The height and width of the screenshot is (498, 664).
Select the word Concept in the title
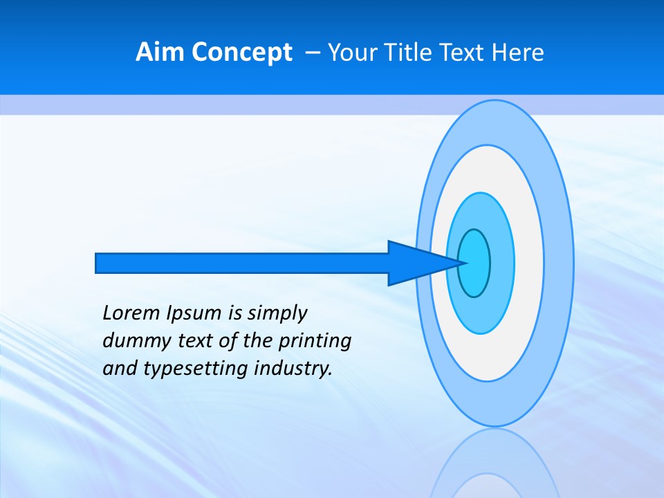click(242, 53)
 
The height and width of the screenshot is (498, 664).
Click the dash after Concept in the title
click(312, 53)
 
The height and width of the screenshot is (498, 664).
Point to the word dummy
click(133, 341)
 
